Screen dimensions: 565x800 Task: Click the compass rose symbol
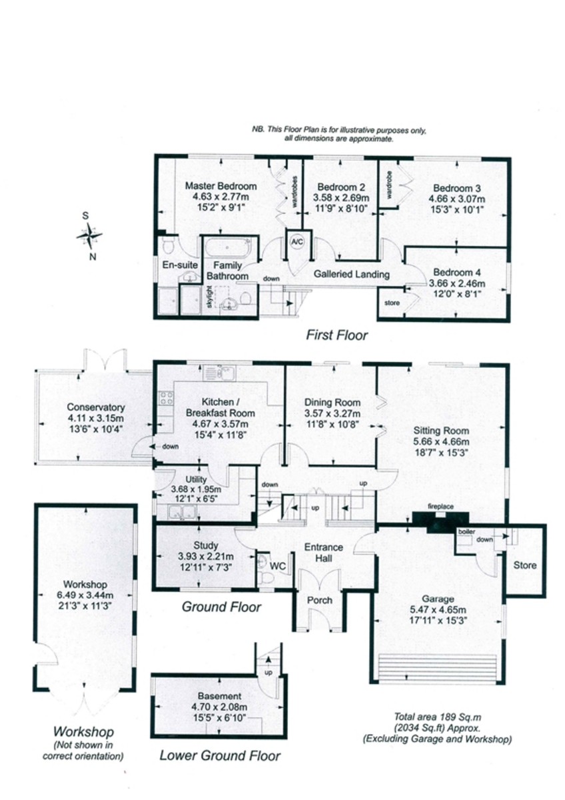pyautogui.click(x=89, y=236)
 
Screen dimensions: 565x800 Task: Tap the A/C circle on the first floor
pyautogui.click(x=297, y=242)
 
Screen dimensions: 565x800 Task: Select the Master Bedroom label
pyautogui.click(x=221, y=186)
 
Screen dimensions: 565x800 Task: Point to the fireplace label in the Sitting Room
pyautogui.click(x=441, y=507)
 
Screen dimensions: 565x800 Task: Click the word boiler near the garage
pyautogui.click(x=467, y=532)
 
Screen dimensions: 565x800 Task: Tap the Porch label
pyautogui.click(x=320, y=601)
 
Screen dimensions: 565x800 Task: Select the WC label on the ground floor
pyautogui.click(x=278, y=566)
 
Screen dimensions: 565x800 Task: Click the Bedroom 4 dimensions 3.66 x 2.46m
pyautogui.click(x=457, y=283)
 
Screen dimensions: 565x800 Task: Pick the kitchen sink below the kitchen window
pyautogui.click(x=220, y=373)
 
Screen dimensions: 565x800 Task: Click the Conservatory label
pyautogui.click(x=96, y=407)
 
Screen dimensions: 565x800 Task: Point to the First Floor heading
pyautogui.click(x=337, y=335)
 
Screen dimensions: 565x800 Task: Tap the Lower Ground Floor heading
pyautogui.click(x=220, y=755)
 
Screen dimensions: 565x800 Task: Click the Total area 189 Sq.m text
pyautogui.click(x=438, y=717)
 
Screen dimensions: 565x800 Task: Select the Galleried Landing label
pyautogui.click(x=352, y=274)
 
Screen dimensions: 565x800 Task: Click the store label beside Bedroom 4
pyautogui.click(x=392, y=303)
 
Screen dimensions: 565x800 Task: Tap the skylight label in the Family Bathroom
pyautogui.click(x=210, y=297)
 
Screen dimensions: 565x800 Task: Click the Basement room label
pyautogui.click(x=219, y=696)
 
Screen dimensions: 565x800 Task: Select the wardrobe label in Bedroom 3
pyautogui.click(x=389, y=185)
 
